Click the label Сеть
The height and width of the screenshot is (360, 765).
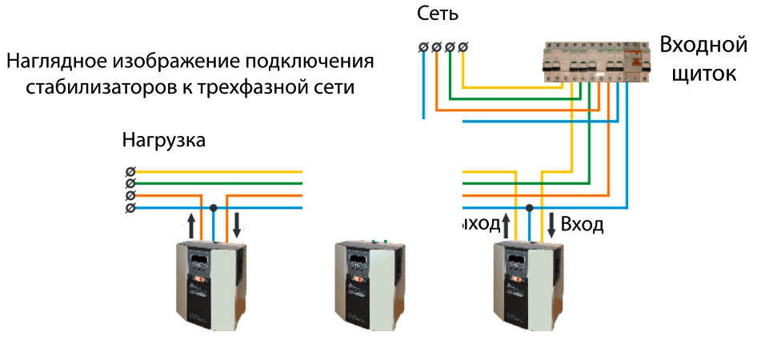point(438,14)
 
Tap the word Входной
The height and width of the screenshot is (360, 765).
point(703,45)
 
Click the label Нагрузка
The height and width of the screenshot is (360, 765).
point(164,141)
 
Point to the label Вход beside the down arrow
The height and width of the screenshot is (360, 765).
point(582,224)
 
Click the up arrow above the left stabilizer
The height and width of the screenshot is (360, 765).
point(190,225)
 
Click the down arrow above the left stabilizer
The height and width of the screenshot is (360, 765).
point(237,225)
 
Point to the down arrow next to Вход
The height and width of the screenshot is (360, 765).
point(552,225)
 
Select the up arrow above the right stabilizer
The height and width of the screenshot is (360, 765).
point(506,225)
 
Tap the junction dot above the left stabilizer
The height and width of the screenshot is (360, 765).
point(213,208)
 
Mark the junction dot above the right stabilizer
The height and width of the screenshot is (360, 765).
point(529,208)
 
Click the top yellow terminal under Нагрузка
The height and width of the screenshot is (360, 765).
point(130,171)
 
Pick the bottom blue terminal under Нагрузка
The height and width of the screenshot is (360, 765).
point(130,208)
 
